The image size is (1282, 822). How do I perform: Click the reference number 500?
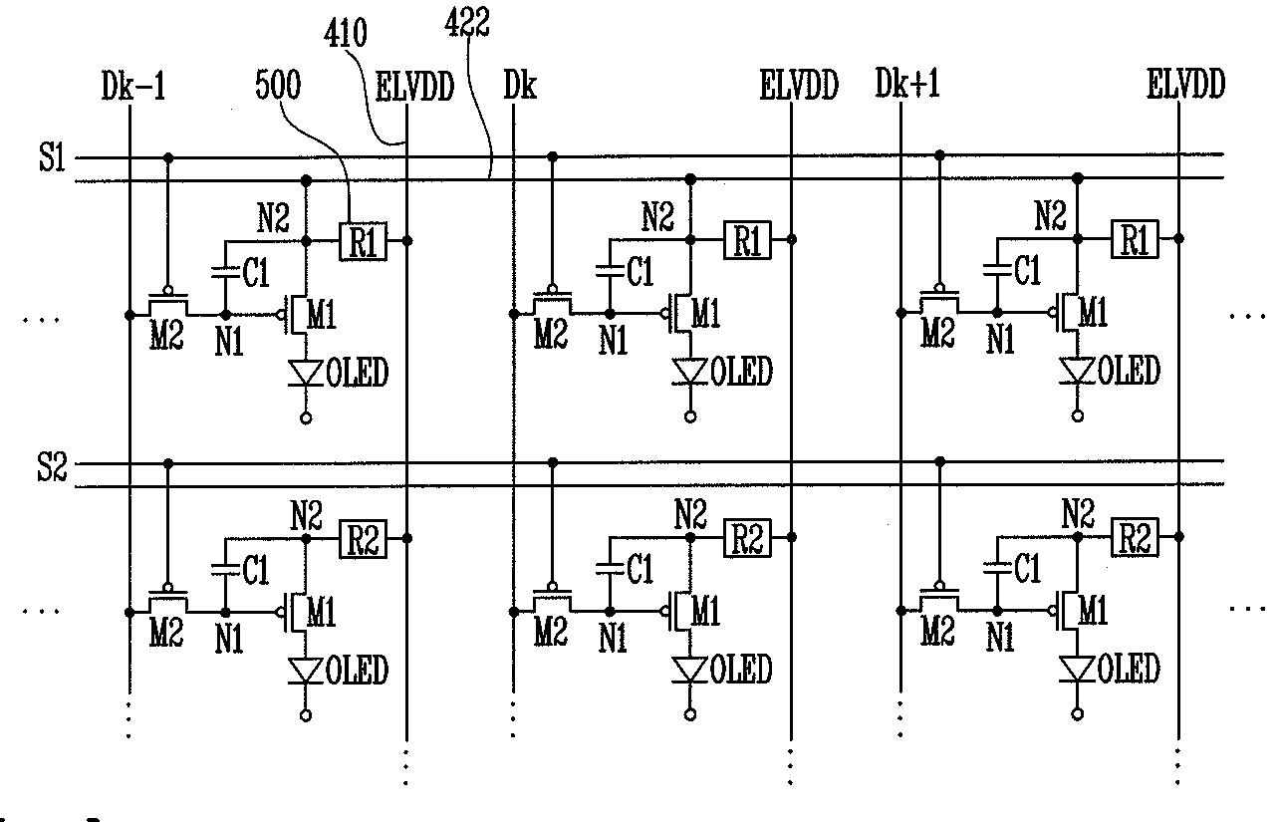[x=278, y=86]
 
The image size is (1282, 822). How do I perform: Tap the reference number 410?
[x=345, y=33]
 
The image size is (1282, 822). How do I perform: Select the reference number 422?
[x=467, y=24]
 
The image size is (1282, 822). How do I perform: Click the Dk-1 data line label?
[x=133, y=86]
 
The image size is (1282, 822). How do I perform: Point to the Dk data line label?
[x=520, y=86]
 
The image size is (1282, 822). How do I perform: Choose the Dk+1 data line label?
[x=907, y=84]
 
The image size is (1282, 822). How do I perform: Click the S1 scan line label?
[x=52, y=156]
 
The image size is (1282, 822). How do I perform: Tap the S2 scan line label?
[x=52, y=466]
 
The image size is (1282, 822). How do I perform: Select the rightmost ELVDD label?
[x=1185, y=84]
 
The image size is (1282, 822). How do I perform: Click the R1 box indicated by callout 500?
[x=363, y=241]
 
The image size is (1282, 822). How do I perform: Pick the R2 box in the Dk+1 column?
[x=1135, y=537]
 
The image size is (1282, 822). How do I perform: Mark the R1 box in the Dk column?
[x=747, y=240]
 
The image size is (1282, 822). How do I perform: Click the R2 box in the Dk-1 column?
[x=363, y=539]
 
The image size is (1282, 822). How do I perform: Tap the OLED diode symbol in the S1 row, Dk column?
[x=690, y=371]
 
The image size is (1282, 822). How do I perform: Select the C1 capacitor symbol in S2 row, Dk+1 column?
[x=997, y=568]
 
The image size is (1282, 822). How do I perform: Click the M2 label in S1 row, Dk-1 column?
[x=166, y=335]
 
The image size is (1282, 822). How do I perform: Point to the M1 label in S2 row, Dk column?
[x=705, y=610]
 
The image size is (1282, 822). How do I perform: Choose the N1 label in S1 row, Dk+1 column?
[x=1000, y=339]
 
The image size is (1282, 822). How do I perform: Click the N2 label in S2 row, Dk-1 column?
[x=306, y=515]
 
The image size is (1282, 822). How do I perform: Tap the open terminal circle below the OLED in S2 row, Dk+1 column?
[x=1078, y=713]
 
